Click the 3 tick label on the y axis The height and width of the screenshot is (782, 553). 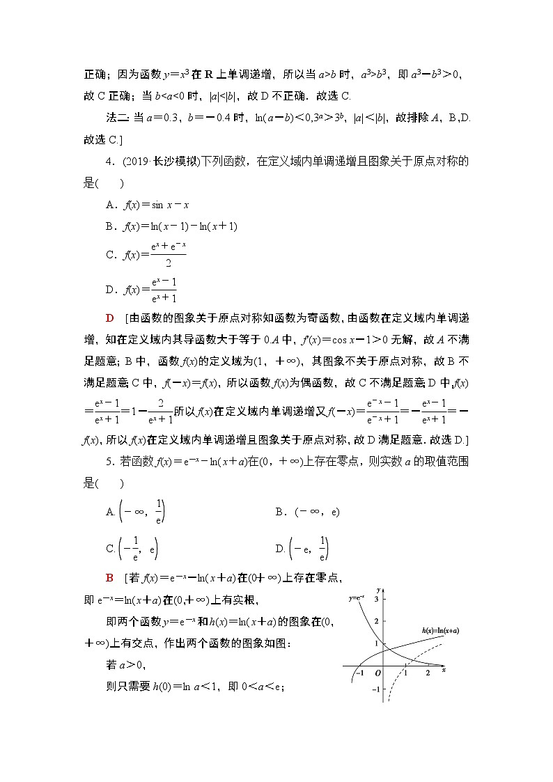point(375,599)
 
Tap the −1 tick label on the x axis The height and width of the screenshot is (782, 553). point(359,673)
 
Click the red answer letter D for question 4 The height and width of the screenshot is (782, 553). point(109,318)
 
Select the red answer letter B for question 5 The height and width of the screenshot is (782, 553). point(109,577)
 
